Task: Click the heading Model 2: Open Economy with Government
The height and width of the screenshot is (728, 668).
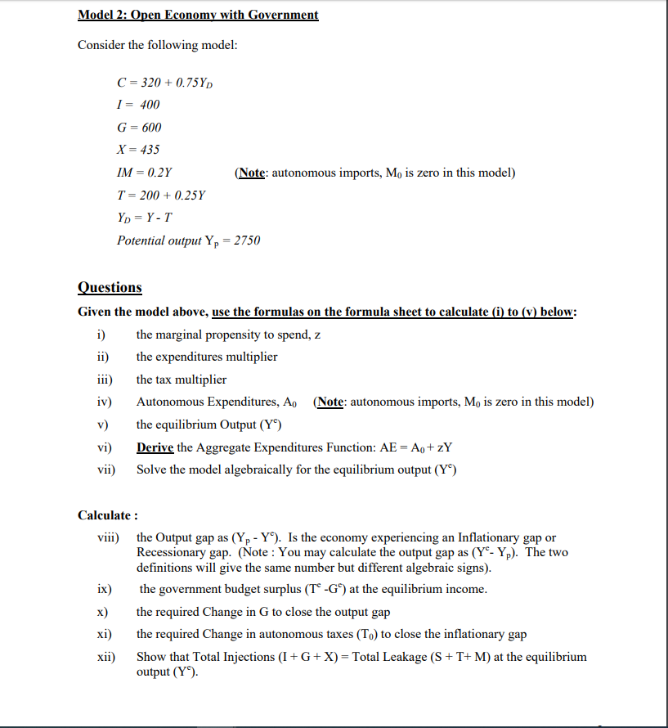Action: pyautogui.click(x=198, y=16)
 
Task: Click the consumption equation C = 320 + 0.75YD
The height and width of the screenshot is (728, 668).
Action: pyautogui.click(x=166, y=82)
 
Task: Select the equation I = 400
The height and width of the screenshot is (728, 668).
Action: pyautogui.click(x=138, y=105)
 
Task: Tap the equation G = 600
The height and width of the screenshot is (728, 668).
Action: pyautogui.click(x=140, y=128)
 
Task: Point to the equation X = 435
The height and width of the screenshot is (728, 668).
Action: pyautogui.click(x=139, y=150)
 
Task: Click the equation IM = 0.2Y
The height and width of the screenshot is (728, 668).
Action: pyautogui.click(x=145, y=173)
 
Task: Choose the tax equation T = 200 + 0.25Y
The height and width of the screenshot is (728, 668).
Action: pyautogui.click(x=162, y=195)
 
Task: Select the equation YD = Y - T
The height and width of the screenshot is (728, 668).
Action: pyautogui.click(x=145, y=218)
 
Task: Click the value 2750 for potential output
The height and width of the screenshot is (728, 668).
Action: pyautogui.click(x=247, y=241)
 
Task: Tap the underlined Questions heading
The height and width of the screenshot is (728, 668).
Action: pyautogui.click(x=110, y=288)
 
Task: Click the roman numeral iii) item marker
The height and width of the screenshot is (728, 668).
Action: pyautogui.click(x=104, y=380)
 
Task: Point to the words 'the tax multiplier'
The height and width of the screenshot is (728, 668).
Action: pyautogui.click(x=182, y=380)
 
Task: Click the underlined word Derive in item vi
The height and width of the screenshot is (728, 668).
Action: pyautogui.click(x=155, y=447)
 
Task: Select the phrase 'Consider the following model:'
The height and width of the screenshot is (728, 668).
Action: pyautogui.click(x=157, y=45)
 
